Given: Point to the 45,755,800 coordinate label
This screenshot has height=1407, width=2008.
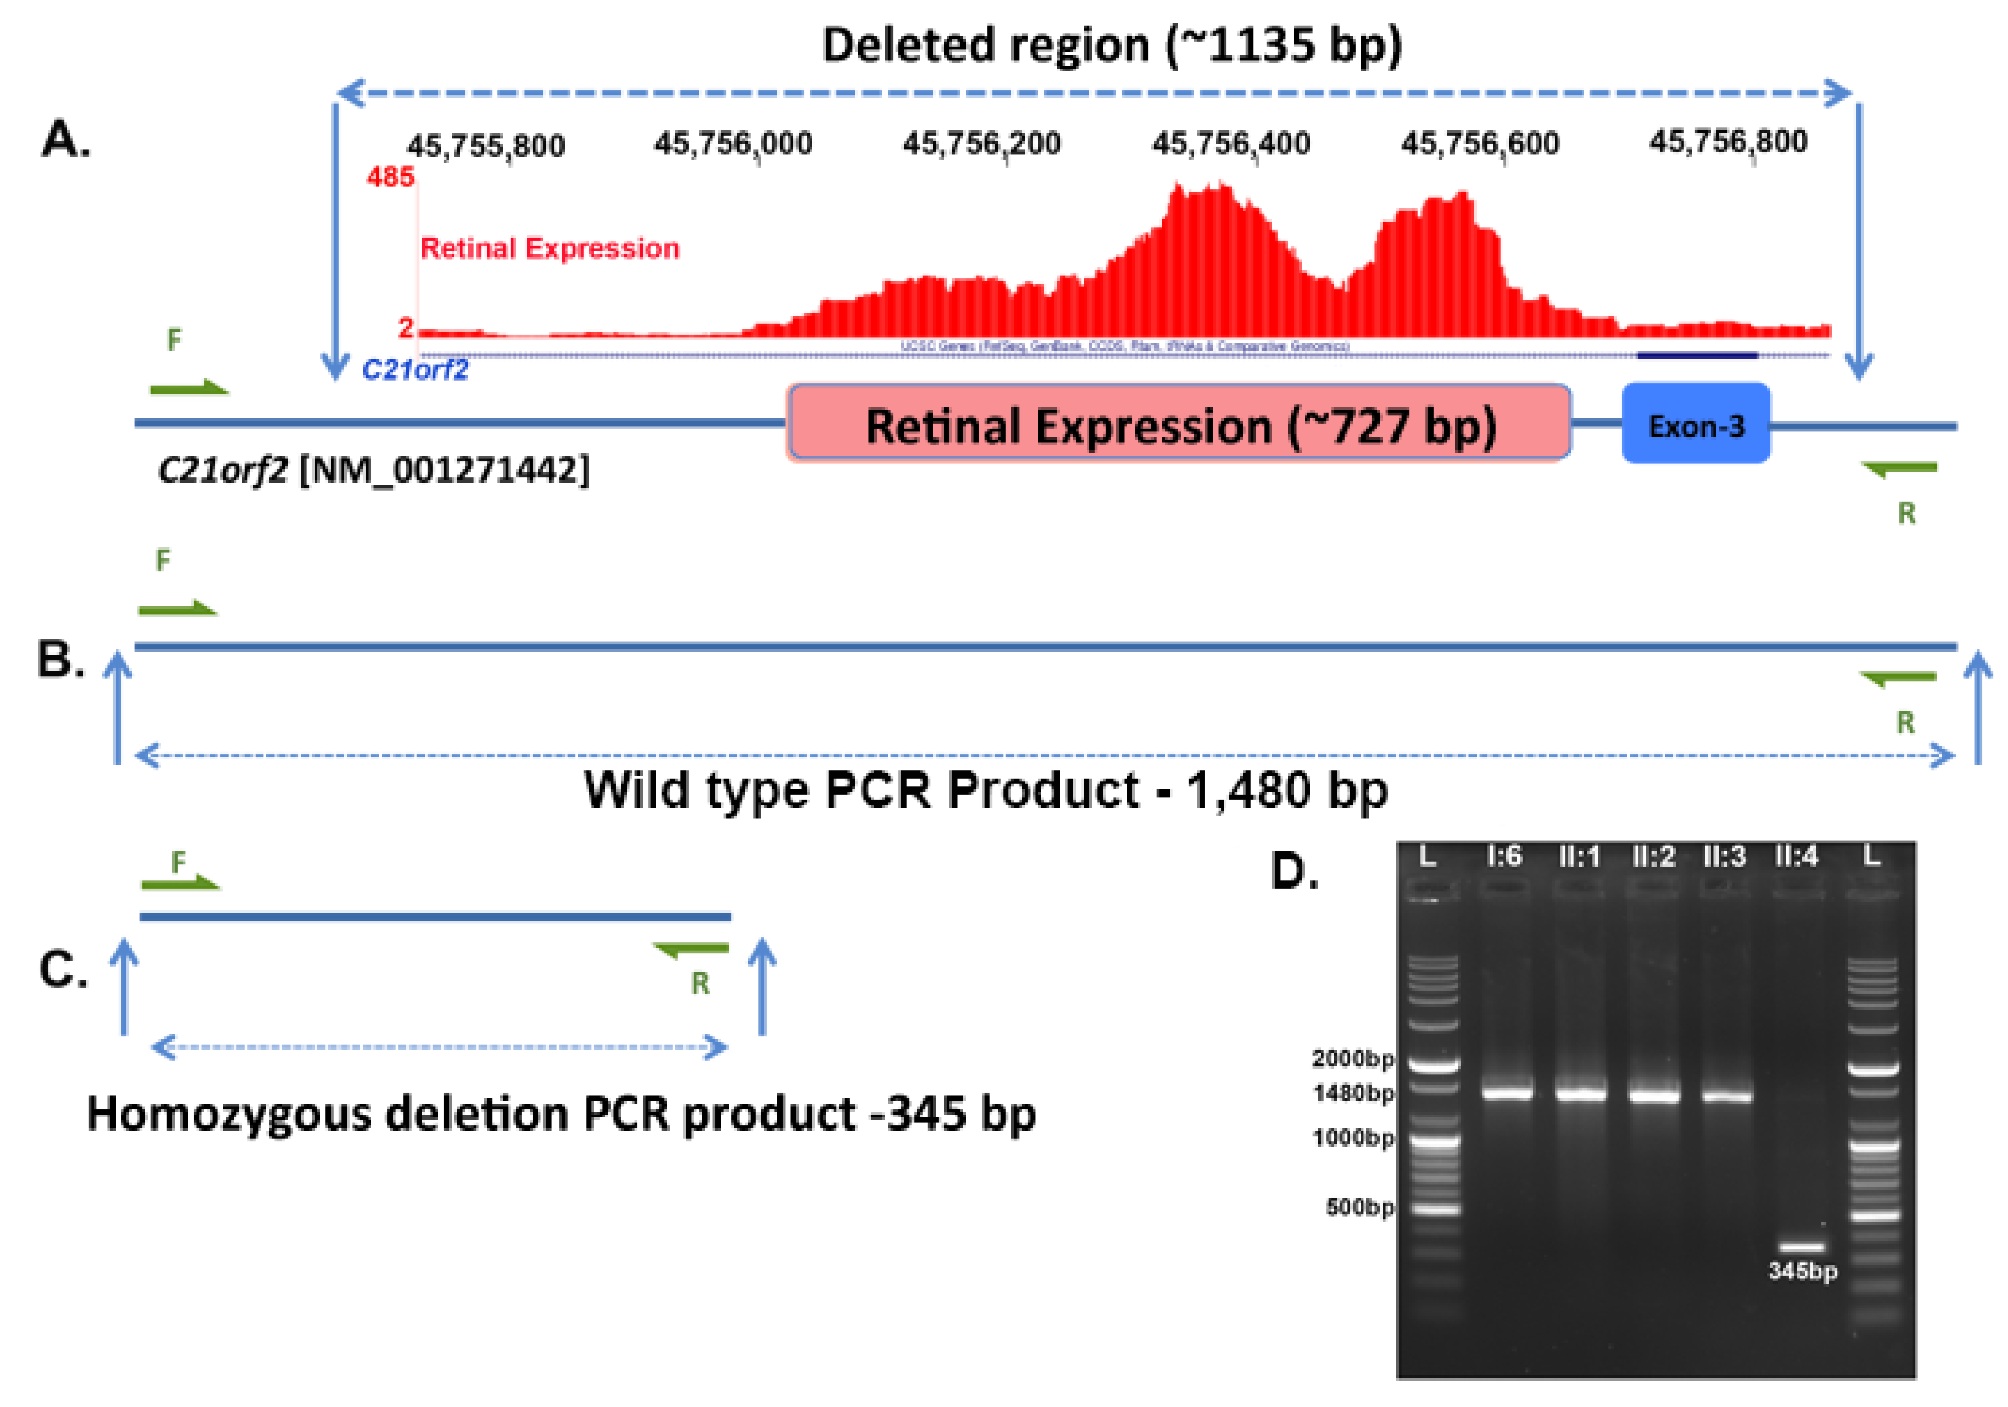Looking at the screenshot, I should point(485,146).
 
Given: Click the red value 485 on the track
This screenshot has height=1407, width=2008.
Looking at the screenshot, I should point(390,178).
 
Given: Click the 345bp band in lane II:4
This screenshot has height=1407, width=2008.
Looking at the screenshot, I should point(1802,1246).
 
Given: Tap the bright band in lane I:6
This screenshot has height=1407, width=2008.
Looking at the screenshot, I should point(1508,1093).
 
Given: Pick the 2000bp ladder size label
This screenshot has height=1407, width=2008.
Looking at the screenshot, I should point(1352,1059).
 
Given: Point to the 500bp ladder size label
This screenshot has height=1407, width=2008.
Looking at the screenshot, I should point(1359,1207).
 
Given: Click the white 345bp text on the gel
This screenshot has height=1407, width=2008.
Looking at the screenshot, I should point(1802,1271).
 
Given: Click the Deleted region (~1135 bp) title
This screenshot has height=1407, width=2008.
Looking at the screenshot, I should point(1111,45).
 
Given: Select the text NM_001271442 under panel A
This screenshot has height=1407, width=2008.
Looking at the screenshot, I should point(444,471).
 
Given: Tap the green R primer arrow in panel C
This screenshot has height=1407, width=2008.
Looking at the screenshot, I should point(691,950).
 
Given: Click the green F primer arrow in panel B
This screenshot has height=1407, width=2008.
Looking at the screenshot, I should point(178,609).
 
